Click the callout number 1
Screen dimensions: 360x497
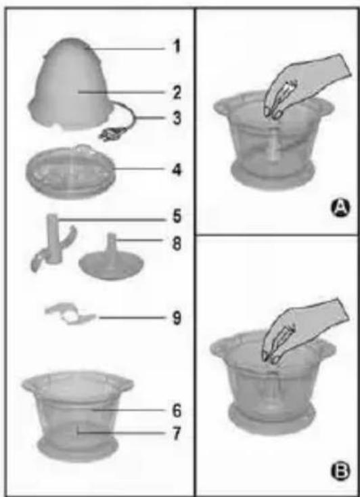click(x=177, y=47)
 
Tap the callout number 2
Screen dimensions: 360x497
click(x=177, y=93)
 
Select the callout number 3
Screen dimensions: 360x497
click(x=177, y=118)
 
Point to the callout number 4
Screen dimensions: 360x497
click(x=177, y=169)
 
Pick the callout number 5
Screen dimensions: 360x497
click(x=177, y=217)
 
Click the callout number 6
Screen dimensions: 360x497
click(x=177, y=410)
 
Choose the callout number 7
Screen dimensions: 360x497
click(x=177, y=433)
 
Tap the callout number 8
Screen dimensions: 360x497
click(x=177, y=244)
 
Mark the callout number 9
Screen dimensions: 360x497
click(x=177, y=318)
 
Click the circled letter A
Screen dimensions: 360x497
click(x=340, y=208)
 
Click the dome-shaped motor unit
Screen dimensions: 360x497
click(x=72, y=84)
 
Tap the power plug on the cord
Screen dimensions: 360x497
click(x=110, y=133)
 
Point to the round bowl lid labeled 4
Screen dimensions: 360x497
click(x=70, y=171)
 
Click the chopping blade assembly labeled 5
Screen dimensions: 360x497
click(x=53, y=242)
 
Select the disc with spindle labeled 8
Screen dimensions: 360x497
click(x=110, y=259)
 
